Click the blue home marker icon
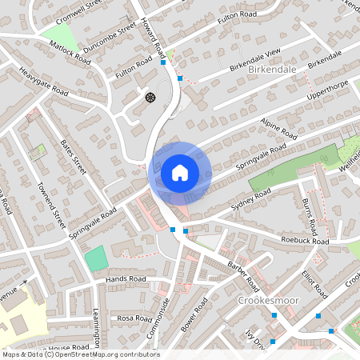180,172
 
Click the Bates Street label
73,157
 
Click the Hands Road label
126,279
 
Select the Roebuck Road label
305,241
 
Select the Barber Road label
243,275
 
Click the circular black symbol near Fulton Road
150,98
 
